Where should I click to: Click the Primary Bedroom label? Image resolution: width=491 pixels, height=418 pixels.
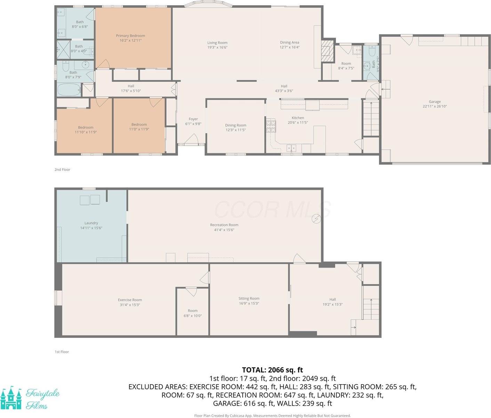coord(130,36)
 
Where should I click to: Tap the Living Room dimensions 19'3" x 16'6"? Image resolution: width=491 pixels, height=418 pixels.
coord(217,47)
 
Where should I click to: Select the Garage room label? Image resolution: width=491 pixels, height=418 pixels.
coord(435,102)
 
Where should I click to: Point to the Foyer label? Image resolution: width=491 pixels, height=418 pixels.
coord(193,119)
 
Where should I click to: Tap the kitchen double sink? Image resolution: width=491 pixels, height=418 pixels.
coord(291,148)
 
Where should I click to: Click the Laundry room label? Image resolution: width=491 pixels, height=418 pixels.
coord(91,223)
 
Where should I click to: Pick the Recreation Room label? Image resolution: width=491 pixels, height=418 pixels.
coord(224,225)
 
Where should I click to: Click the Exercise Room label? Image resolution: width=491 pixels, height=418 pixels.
coord(130,300)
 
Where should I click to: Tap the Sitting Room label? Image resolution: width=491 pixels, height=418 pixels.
coord(249,298)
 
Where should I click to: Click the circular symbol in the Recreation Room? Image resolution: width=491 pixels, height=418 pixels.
coord(316,219)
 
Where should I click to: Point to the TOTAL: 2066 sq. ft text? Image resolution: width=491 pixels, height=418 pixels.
coord(272,370)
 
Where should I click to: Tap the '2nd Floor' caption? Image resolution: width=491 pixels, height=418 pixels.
coord(62,170)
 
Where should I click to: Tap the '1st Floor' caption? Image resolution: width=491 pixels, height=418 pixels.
coord(62,352)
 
